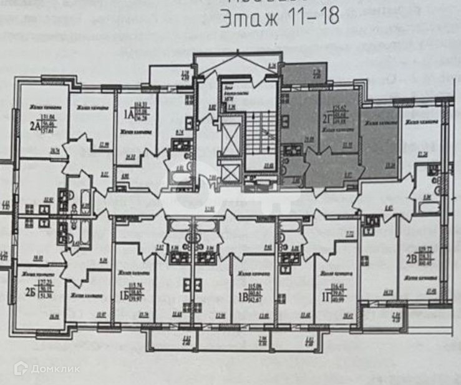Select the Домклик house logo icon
tap(20, 368)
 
